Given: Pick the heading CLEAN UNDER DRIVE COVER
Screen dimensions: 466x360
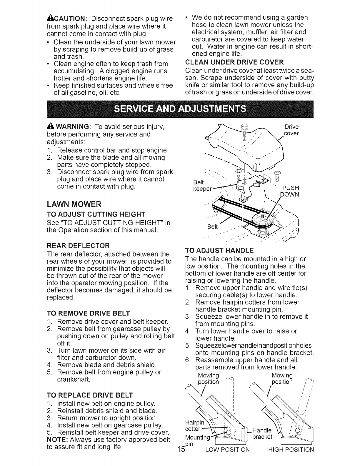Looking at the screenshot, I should coord(234,62).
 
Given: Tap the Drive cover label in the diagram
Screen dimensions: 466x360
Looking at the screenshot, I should coord(291,130).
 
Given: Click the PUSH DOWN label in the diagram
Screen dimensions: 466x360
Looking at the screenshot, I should coord(290,191).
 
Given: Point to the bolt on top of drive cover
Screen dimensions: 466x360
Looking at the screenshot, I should coord(243,129).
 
